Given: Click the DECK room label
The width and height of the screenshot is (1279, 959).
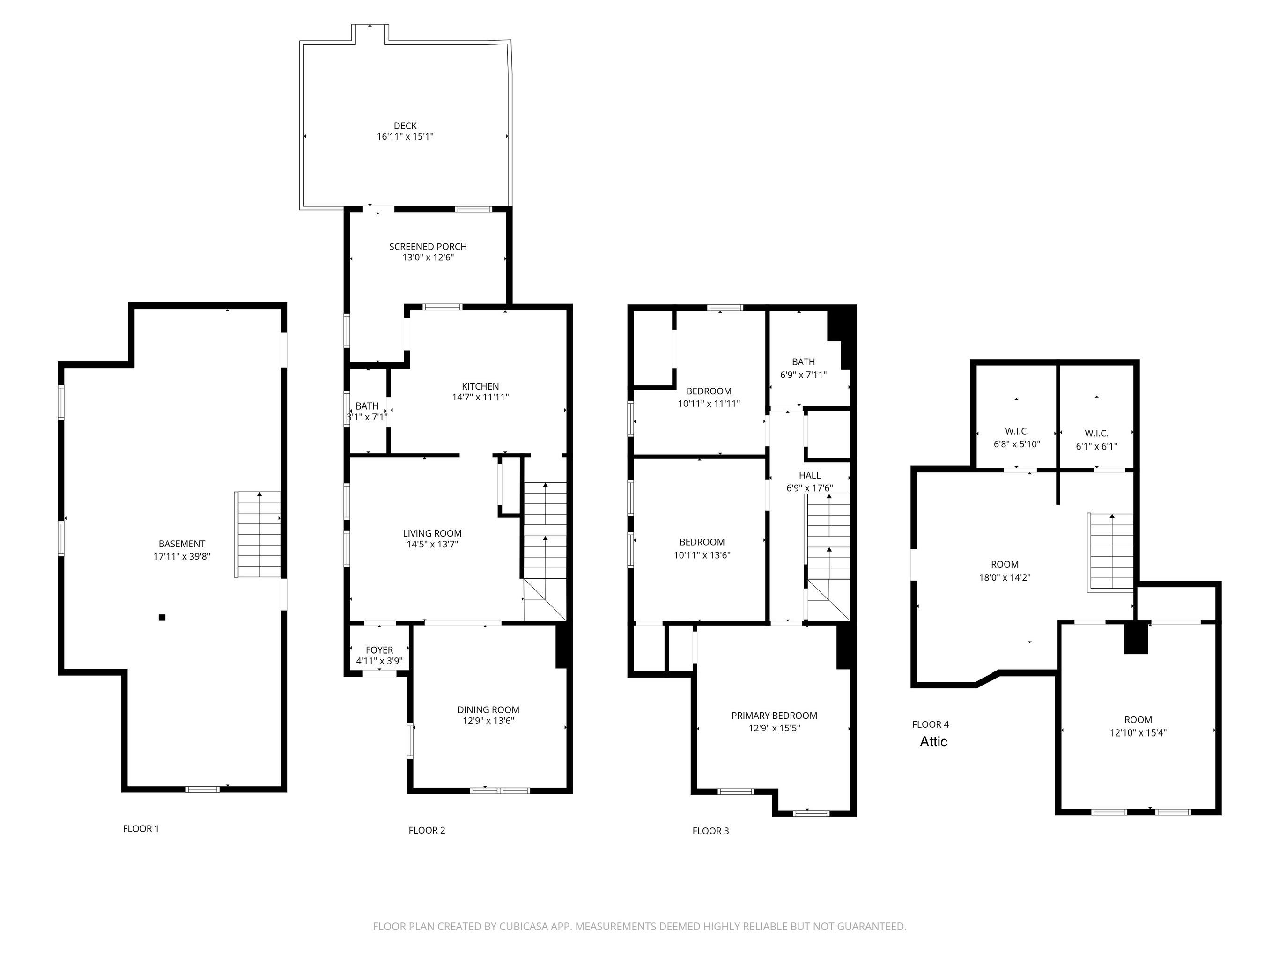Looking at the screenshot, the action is point(405,125).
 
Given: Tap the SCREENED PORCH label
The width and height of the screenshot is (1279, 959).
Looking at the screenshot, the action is point(428,246).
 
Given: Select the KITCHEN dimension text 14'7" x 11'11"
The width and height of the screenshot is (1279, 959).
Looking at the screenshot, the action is point(481,397).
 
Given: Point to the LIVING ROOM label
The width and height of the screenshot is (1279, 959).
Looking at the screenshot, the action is point(432,533).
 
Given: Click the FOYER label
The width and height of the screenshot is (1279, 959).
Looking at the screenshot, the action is point(379,650).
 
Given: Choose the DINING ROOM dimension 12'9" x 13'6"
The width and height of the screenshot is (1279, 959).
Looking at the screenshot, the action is point(488,721).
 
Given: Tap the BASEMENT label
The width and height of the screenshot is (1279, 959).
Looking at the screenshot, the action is point(182,544).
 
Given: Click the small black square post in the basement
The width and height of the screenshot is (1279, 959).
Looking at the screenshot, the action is point(162,617).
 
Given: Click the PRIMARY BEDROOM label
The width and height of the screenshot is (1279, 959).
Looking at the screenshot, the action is point(774,716).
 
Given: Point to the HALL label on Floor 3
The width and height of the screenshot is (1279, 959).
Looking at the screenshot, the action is point(809,475).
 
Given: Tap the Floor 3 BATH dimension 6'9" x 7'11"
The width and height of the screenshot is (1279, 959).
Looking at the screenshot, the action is point(803,375).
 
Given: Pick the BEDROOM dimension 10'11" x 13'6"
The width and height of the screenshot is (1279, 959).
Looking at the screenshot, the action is point(702,555).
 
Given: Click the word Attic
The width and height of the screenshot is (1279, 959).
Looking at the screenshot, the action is point(933,742).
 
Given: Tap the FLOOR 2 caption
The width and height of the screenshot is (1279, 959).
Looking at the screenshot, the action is point(427,830).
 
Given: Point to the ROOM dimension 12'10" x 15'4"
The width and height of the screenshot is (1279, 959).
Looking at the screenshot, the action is point(1138,732).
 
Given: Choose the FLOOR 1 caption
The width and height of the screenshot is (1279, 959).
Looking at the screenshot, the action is point(140,828).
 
